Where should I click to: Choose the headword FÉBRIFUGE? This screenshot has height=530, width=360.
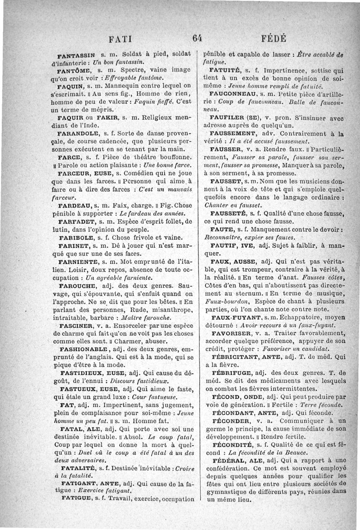231,373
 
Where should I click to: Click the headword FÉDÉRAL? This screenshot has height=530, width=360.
229,460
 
